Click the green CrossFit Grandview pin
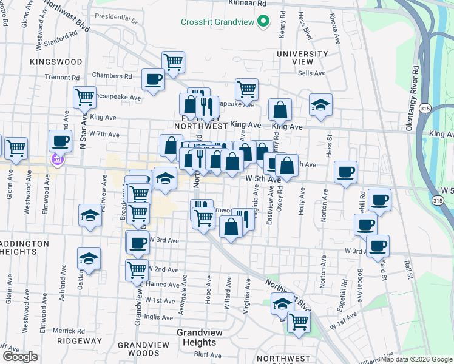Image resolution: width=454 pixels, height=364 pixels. [263, 22]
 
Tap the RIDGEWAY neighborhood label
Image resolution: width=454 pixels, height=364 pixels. [80, 341]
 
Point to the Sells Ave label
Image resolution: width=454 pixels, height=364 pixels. [312, 73]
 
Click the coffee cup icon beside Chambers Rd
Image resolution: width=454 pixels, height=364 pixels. [153, 79]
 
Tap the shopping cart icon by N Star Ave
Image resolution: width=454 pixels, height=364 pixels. [84, 97]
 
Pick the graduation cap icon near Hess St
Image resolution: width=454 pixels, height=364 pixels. [320, 105]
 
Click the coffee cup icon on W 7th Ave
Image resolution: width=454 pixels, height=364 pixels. [60, 141]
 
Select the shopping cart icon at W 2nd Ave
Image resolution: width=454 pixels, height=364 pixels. [137, 269]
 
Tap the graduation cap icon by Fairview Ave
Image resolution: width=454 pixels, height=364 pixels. [90, 215]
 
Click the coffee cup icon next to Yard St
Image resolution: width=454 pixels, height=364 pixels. [378, 246]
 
